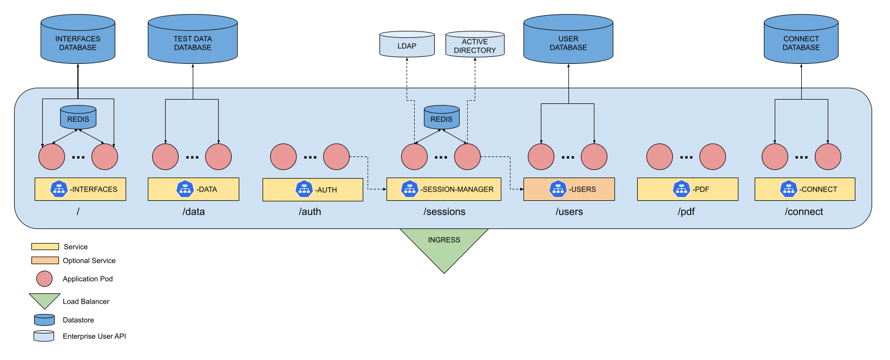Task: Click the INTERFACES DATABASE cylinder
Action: tap(78, 41)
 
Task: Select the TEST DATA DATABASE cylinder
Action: tap(193, 41)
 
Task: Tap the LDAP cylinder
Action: tap(407, 45)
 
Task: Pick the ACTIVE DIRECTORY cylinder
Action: tap(475, 45)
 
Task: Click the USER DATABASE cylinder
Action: tap(568, 41)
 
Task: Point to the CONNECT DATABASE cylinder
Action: tap(801, 41)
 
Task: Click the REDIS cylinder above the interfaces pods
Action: tap(78, 118)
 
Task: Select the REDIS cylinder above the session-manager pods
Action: tap(441, 118)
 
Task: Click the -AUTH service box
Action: tap(313, 189)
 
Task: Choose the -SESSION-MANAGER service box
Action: tap(444, 189)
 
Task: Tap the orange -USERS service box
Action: tap(569, 189)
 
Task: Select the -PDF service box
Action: tap(688, 189)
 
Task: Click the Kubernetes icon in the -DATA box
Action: tap(185, 189)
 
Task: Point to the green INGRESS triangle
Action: tap(444, 246)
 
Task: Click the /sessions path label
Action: tap(444, 212)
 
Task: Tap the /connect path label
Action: tap(803, 212)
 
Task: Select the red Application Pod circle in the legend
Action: tap(44, 279)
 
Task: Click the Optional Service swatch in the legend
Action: tap(45, 260)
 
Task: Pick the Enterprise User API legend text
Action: tap(94, 336)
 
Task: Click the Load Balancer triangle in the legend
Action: tap(44, 300)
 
